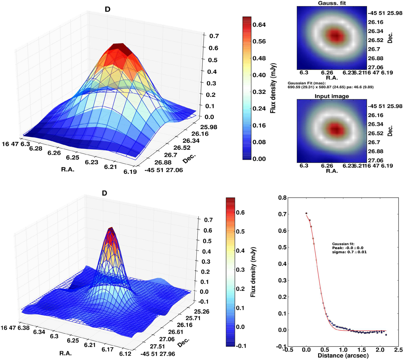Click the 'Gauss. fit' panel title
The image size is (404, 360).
[x=328, y=3]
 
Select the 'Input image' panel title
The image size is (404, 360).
[x=332, y=96]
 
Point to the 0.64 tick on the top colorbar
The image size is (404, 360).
[x=259, y=25]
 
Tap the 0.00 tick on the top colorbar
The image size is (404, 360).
[x=259, y=159]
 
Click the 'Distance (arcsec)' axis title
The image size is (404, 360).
[x=343, y=355]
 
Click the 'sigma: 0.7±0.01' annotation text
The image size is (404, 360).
[x=349, y=252]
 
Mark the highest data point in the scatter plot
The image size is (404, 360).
[x=306, y=213]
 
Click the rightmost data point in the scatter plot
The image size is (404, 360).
[x=386, y=335]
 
